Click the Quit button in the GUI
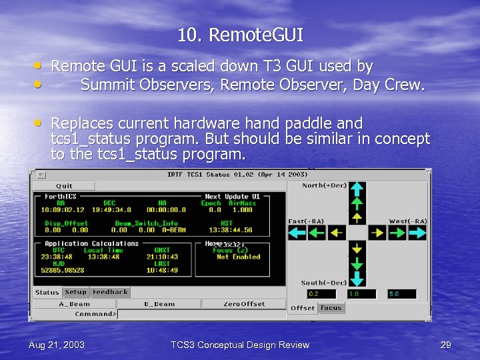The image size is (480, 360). [65, 186]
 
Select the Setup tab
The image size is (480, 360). [75, 292]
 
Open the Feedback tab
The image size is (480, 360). [110, 292]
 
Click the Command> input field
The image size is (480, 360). [200, 314]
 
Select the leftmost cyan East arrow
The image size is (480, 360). [296, 232]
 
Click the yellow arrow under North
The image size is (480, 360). [357, 217]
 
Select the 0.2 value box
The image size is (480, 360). [321, 294]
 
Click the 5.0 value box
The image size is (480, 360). [401, 294]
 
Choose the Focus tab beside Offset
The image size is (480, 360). [331, 308]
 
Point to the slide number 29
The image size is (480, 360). [446, 345]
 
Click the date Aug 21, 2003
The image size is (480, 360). [56, 345]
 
